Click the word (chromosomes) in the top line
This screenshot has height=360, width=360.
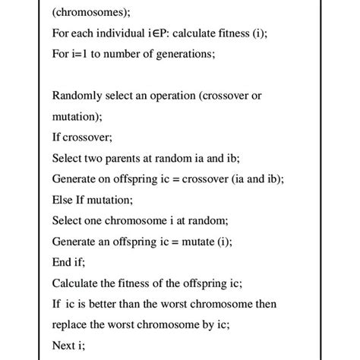(x=91, y=12)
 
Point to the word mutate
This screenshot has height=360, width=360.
(x=195, y=242)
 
